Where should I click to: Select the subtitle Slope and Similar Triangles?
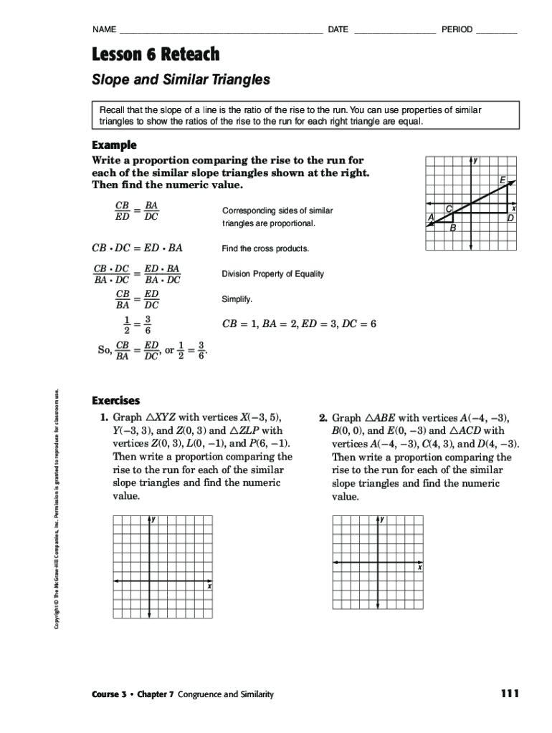[181, 80]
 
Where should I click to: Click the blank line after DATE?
[394, 31]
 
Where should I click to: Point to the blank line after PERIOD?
[496, 31]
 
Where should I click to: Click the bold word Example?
[114, 145]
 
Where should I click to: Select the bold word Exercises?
[116, 401]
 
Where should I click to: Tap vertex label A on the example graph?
[430, 217]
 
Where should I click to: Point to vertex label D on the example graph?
[510, 218]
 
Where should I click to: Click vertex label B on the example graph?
[452, 229]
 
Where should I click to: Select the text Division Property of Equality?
[272, 273]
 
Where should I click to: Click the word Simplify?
[237, 298]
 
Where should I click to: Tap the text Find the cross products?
[265, 248]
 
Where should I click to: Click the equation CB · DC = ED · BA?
[137, 248]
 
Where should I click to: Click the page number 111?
[510, 694]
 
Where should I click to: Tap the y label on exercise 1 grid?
[154, 519]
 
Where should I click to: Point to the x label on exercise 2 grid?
[420, 568]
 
